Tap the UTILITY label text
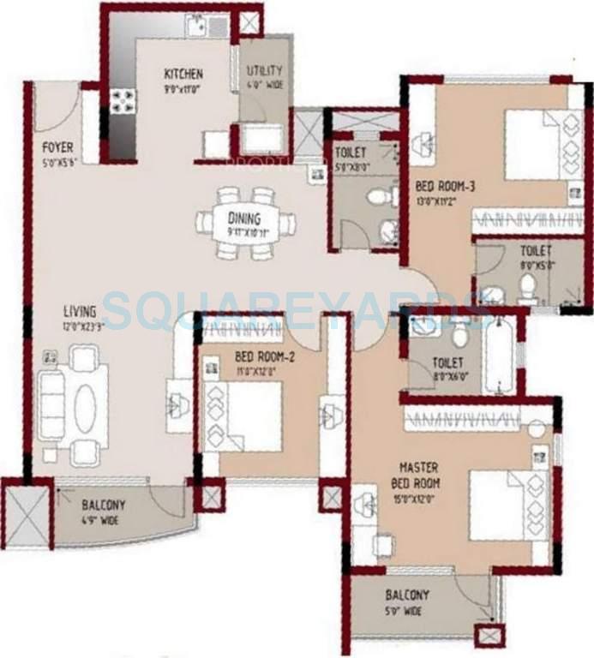click(265, 70)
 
